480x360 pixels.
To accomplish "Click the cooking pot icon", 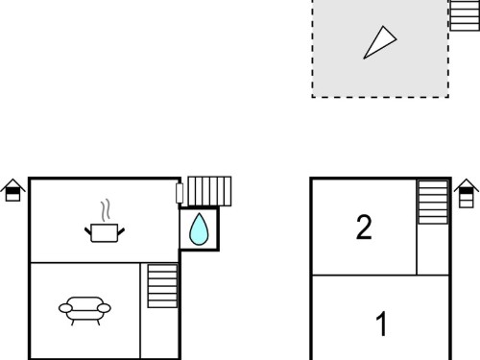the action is click(105, 232).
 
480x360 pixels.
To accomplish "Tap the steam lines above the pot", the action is click(106, 210).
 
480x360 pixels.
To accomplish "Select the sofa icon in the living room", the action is click(84, 311).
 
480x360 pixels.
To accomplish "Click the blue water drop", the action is click(199, 229).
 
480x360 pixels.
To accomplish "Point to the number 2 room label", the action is click(364, 228).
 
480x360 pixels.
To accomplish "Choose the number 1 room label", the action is click(381, 324).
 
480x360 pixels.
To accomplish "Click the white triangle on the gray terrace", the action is click(380, 42).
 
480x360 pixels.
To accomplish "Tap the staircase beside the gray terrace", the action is click(465, 15).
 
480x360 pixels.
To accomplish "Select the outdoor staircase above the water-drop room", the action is click(209, 191).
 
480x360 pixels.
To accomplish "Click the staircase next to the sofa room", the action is click(162, 286).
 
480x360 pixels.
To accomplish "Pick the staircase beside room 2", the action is click(433, 203).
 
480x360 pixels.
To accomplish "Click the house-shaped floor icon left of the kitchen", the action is click(12, 190).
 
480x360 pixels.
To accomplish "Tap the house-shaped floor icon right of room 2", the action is click(467, 193).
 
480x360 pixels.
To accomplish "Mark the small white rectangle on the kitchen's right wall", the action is click(180, 193).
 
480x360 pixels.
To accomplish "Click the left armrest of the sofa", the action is click(65, 308).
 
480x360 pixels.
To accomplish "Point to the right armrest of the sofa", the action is click(104, 308).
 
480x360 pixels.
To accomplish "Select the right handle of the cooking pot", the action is click(121, 231).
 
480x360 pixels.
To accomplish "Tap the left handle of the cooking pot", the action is click(88, 231).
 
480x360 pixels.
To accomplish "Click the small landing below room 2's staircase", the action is click(433, 249).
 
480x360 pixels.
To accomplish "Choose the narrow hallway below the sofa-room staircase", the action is click(159, 333).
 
